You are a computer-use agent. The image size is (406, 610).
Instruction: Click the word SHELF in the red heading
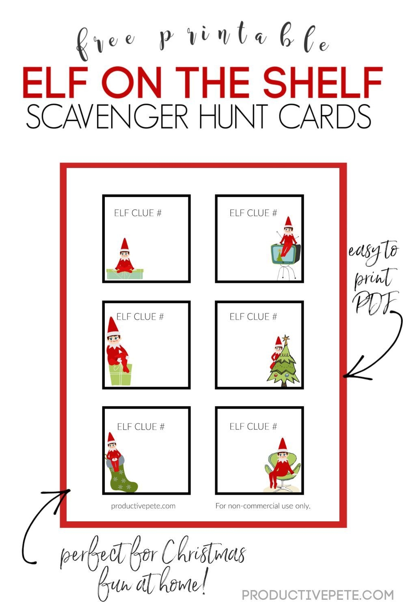[x=323, y=82]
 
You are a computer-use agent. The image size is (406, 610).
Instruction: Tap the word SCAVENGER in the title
[x=107, y=117]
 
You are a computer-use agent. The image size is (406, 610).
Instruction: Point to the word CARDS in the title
[x=325, y=117]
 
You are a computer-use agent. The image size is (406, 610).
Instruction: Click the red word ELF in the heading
[x=55, y=82]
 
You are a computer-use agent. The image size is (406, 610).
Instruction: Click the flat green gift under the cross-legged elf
[x=125, y=274]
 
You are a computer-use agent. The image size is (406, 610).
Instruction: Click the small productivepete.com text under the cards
[x=143, y=506]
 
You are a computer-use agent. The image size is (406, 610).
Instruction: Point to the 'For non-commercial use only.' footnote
[x=263, y=506]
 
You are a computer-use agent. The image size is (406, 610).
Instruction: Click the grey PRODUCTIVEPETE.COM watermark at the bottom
[x=317, y=595]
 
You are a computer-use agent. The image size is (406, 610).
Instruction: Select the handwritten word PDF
[x=376, y=302]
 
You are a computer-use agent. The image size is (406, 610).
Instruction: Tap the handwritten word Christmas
[x=204, y=553]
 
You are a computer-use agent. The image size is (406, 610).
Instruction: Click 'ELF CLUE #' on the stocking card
[x=141, y=427]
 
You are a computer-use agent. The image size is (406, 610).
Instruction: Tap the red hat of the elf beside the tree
[x=279, y=341]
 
